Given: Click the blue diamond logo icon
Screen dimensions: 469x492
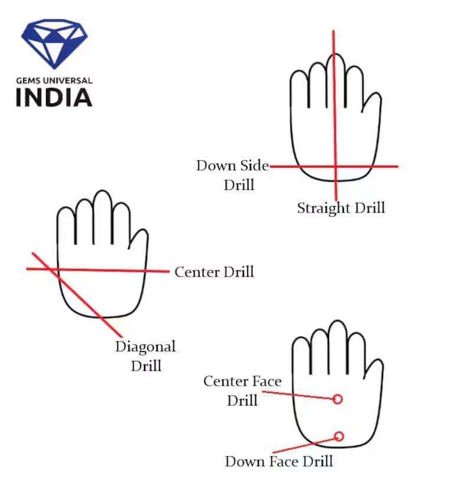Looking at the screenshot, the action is click(54, 44).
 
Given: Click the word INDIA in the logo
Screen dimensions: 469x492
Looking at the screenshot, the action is click(54, 97).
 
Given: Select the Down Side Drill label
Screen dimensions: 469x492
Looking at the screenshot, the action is click(233, 175).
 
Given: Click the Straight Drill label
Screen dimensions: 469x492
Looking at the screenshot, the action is click(341, 208).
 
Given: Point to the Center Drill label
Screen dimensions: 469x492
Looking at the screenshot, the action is click(214, 272).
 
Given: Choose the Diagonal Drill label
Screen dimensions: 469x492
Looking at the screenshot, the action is click(146, 356).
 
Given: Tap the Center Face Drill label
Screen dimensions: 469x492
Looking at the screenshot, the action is click(242, 390).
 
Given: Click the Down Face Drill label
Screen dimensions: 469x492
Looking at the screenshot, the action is click(279, 461).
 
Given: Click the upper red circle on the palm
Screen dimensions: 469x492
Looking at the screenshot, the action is click(338, 399).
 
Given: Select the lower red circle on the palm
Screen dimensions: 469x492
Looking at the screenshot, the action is click(338, 436).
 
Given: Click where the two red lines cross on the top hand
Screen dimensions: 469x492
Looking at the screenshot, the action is click(336, 167).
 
